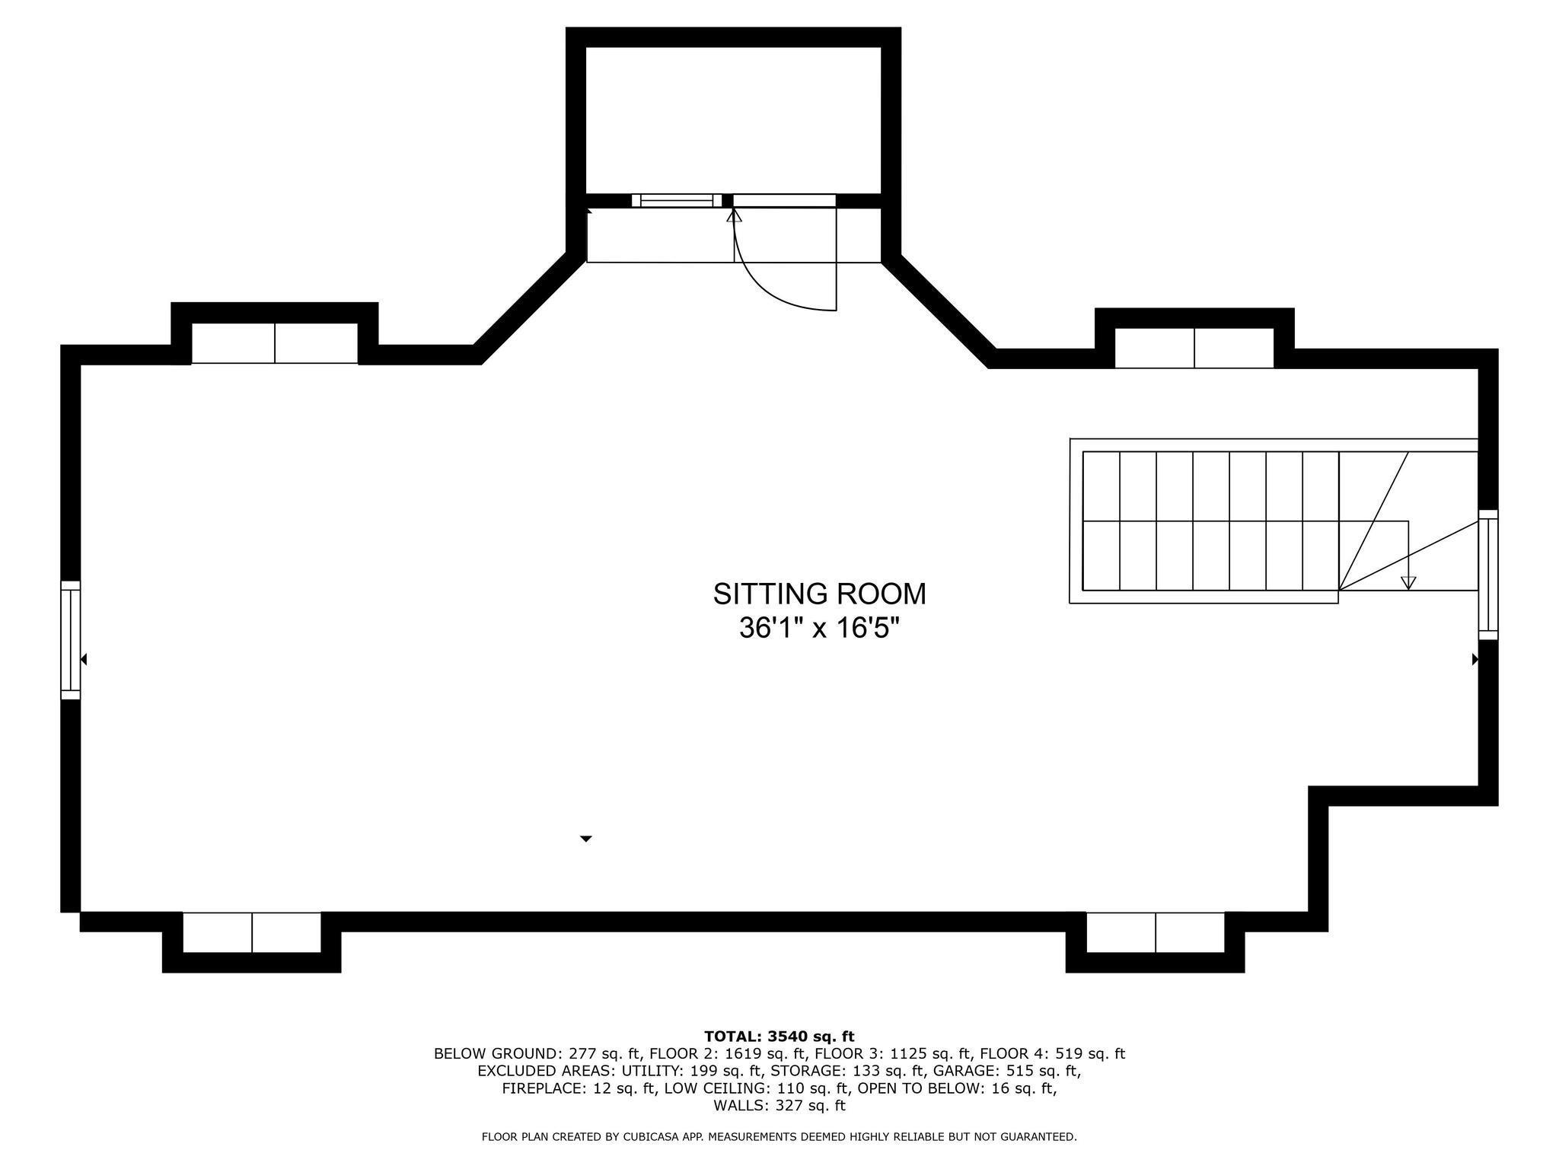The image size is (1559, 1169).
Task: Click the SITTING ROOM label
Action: pyautogui.click(x=819, y=594)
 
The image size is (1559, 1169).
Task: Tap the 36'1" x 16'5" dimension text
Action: pyautogui.click(x=819, y=629)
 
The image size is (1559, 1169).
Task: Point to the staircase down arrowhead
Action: pyautogui.click(x=1408, y=582)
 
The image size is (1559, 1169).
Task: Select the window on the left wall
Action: pyautogui.click(x=70, y=640)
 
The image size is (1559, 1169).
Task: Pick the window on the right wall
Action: pyautogui.click(x=1488, y=575)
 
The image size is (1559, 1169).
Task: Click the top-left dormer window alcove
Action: pyautogui.click(x=274, y=343)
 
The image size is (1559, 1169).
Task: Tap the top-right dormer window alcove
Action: pyautogui.click(x=1194, y=348)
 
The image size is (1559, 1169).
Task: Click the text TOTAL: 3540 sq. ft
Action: pyautogui.click(x=779, y=1037)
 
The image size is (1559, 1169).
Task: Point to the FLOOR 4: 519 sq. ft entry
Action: pyautogui.click(x=1052, y=1054)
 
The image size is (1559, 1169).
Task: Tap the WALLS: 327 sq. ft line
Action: pyautogui.click(x=779, y=1106)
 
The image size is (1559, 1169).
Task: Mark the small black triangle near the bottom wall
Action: pyautogui.click(x=586, y=839)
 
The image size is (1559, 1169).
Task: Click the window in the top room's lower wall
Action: pyautogui.click(x=677, y=201)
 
